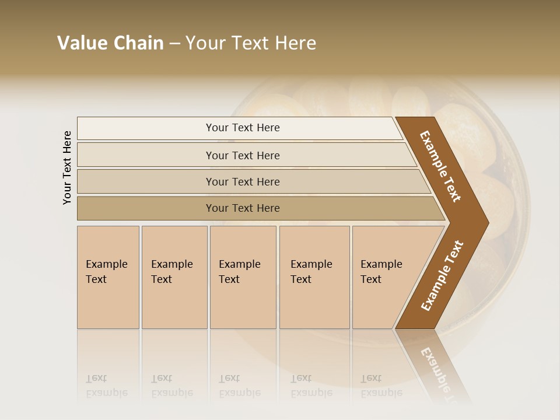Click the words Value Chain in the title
tap(110, 43)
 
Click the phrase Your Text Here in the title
tap(251, 43)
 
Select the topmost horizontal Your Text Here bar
tap(242, 128)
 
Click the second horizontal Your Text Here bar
tap(242, 155)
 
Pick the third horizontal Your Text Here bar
tap(242, 181)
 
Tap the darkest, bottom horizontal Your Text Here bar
tap(242, 208)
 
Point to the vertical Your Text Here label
tap(67, 167)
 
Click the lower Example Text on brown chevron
tap(442, 275)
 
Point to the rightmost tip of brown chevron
tap(488, 222)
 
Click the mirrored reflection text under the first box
tap(107, 386)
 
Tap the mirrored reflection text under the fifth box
tap(381, 386)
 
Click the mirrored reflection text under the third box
tap(240, 386)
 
